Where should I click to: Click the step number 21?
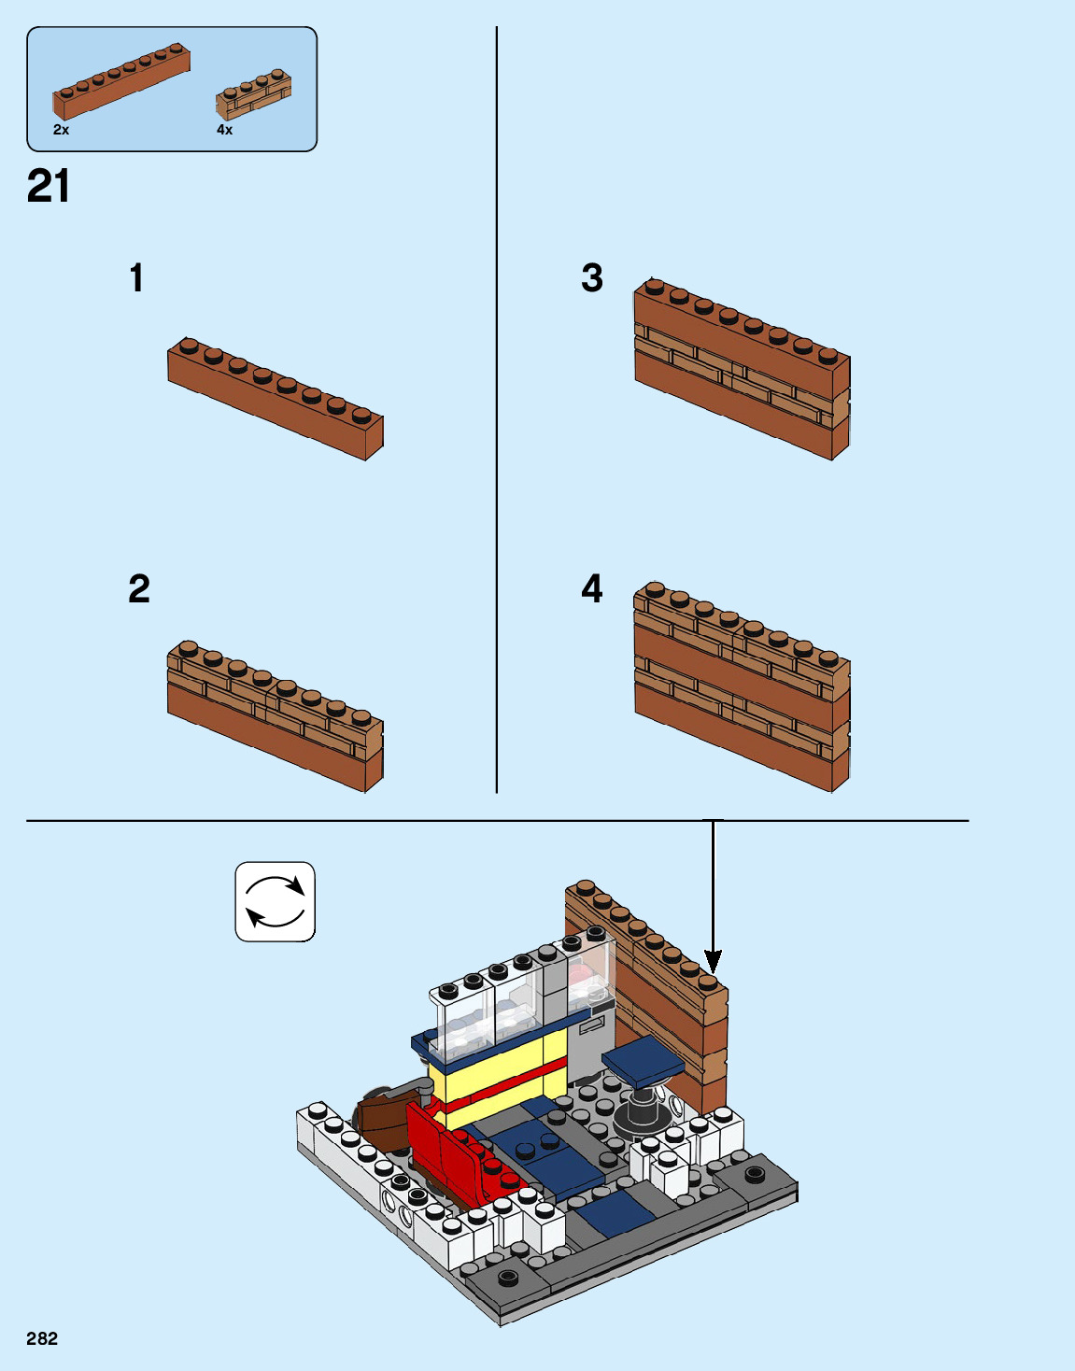48,186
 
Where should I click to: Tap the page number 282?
42,1339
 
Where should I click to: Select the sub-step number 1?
137,277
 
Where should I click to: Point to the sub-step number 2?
139,588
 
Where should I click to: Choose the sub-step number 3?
592,277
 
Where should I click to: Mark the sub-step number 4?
592,588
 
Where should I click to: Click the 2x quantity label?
62,130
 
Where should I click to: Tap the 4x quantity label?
224,130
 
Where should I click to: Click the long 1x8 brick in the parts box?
121,81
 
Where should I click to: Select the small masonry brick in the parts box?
254,94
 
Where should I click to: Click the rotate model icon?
276,901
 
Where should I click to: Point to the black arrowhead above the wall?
713,961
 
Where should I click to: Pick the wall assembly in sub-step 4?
742,686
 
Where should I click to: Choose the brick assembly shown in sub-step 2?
276,716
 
